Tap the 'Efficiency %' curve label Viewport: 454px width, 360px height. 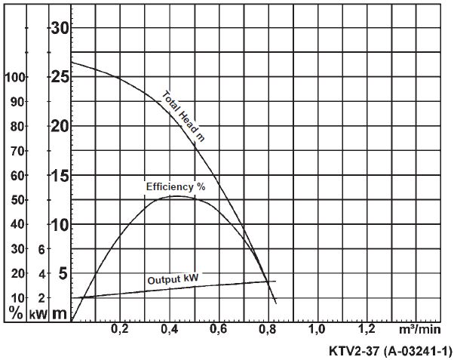tap(175, 186)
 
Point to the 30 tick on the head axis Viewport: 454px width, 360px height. tap(60, 29)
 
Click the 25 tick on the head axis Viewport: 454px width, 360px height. tap(60, 76)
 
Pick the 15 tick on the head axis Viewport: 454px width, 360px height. tap(60, 176)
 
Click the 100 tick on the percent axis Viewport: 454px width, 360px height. tap(15, 77)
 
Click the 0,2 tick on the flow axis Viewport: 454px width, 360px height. tap(120, 330)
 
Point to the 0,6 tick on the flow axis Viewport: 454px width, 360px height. tap(218, 330)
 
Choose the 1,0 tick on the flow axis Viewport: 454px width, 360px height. tap(317, 330)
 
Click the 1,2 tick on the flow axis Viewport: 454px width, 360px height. tap(366, 330)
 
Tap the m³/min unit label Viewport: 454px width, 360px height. tap(419, 330)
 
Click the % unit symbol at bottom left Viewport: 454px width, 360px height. tap(16, 312)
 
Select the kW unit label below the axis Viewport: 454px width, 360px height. tap(38, 312)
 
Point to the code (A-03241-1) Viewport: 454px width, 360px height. tap(418, 350)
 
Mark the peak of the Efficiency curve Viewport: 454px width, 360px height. tap(175, 196)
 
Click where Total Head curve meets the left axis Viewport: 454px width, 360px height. tap(72, 62)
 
